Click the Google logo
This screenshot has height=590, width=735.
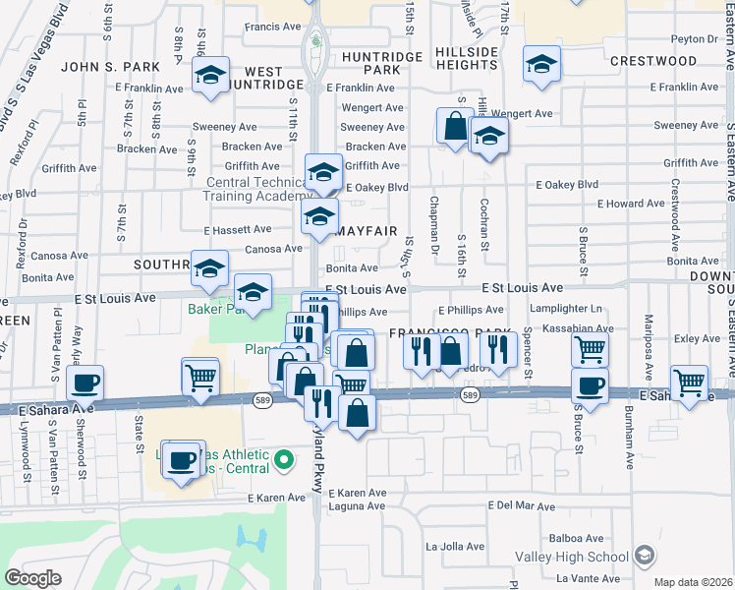(x=32, y=578)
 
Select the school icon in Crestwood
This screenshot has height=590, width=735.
(x=541, y=65)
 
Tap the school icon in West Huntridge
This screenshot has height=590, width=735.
(x=210, y=78)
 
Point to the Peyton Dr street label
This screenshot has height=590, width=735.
(x=695, y=39)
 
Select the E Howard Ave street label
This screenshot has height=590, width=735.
(x=637, y=204)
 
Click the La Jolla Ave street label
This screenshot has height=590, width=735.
(x=455, y=546)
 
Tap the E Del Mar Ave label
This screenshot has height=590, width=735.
(x=522, y=505)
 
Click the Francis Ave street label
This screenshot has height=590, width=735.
(x=271, y=27)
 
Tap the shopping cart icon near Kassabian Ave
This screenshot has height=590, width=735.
(x=589, y=348)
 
